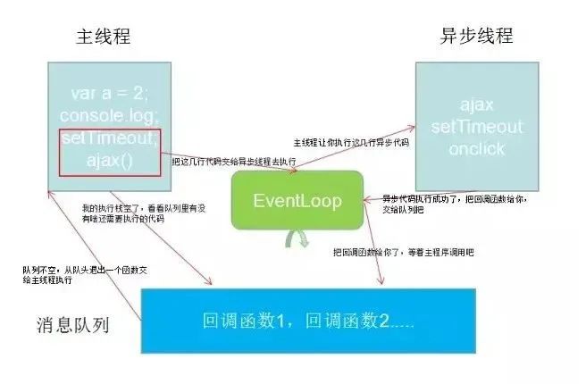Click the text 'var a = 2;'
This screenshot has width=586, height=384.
point(108,94)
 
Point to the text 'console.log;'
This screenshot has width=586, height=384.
point(108,116)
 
